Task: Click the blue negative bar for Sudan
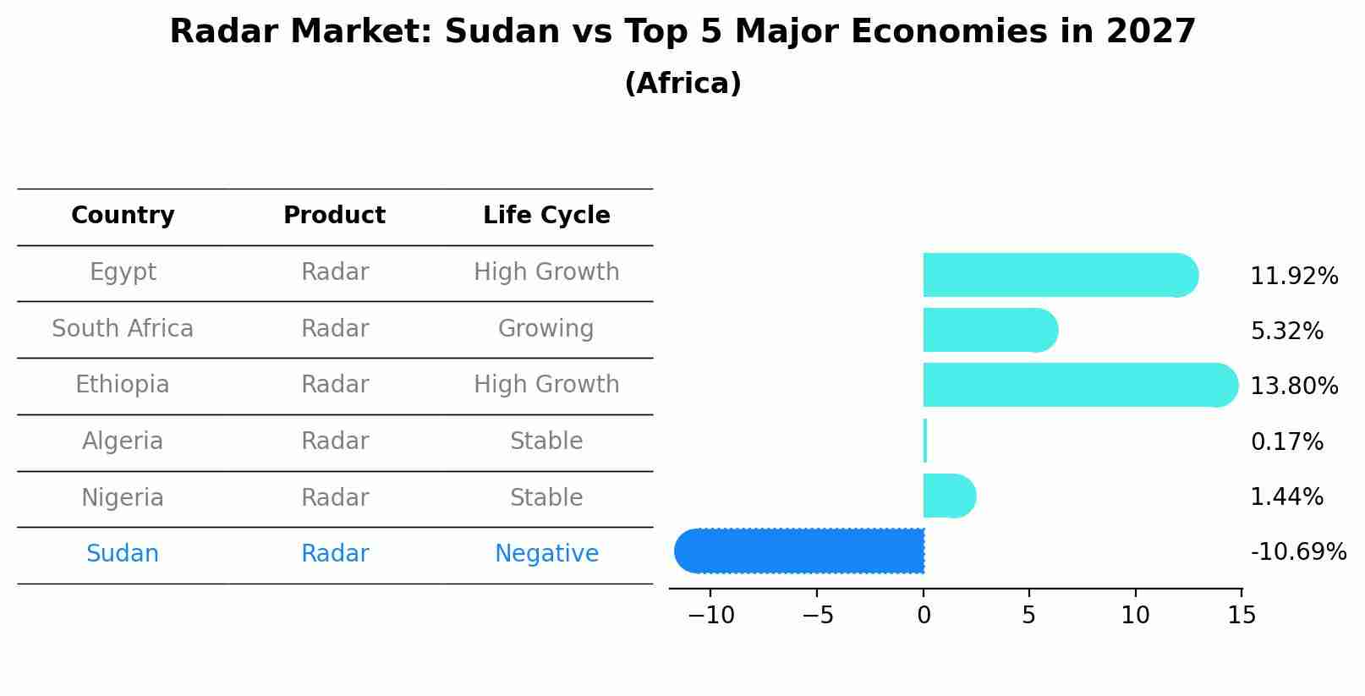tap(799, 551)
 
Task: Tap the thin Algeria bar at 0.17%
tap(925, 441)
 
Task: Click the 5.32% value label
tap(1286, 332)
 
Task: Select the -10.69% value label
tap(1297, 552)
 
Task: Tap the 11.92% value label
tap(1294, 277)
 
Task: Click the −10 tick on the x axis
tap(710, 616)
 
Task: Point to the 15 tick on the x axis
tap(1241, 616)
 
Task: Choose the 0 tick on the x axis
tap(924, 616)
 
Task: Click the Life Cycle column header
tap(546, 216)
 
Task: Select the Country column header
tap(123, 216)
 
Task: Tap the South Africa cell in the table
tap(123, 328)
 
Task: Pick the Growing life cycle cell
tap(545, 328)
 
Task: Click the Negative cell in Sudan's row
tap(546, 554)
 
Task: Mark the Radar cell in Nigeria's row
tap(335, 497)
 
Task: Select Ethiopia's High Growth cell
tap(546, 385)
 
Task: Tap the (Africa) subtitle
tap(682, 84)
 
